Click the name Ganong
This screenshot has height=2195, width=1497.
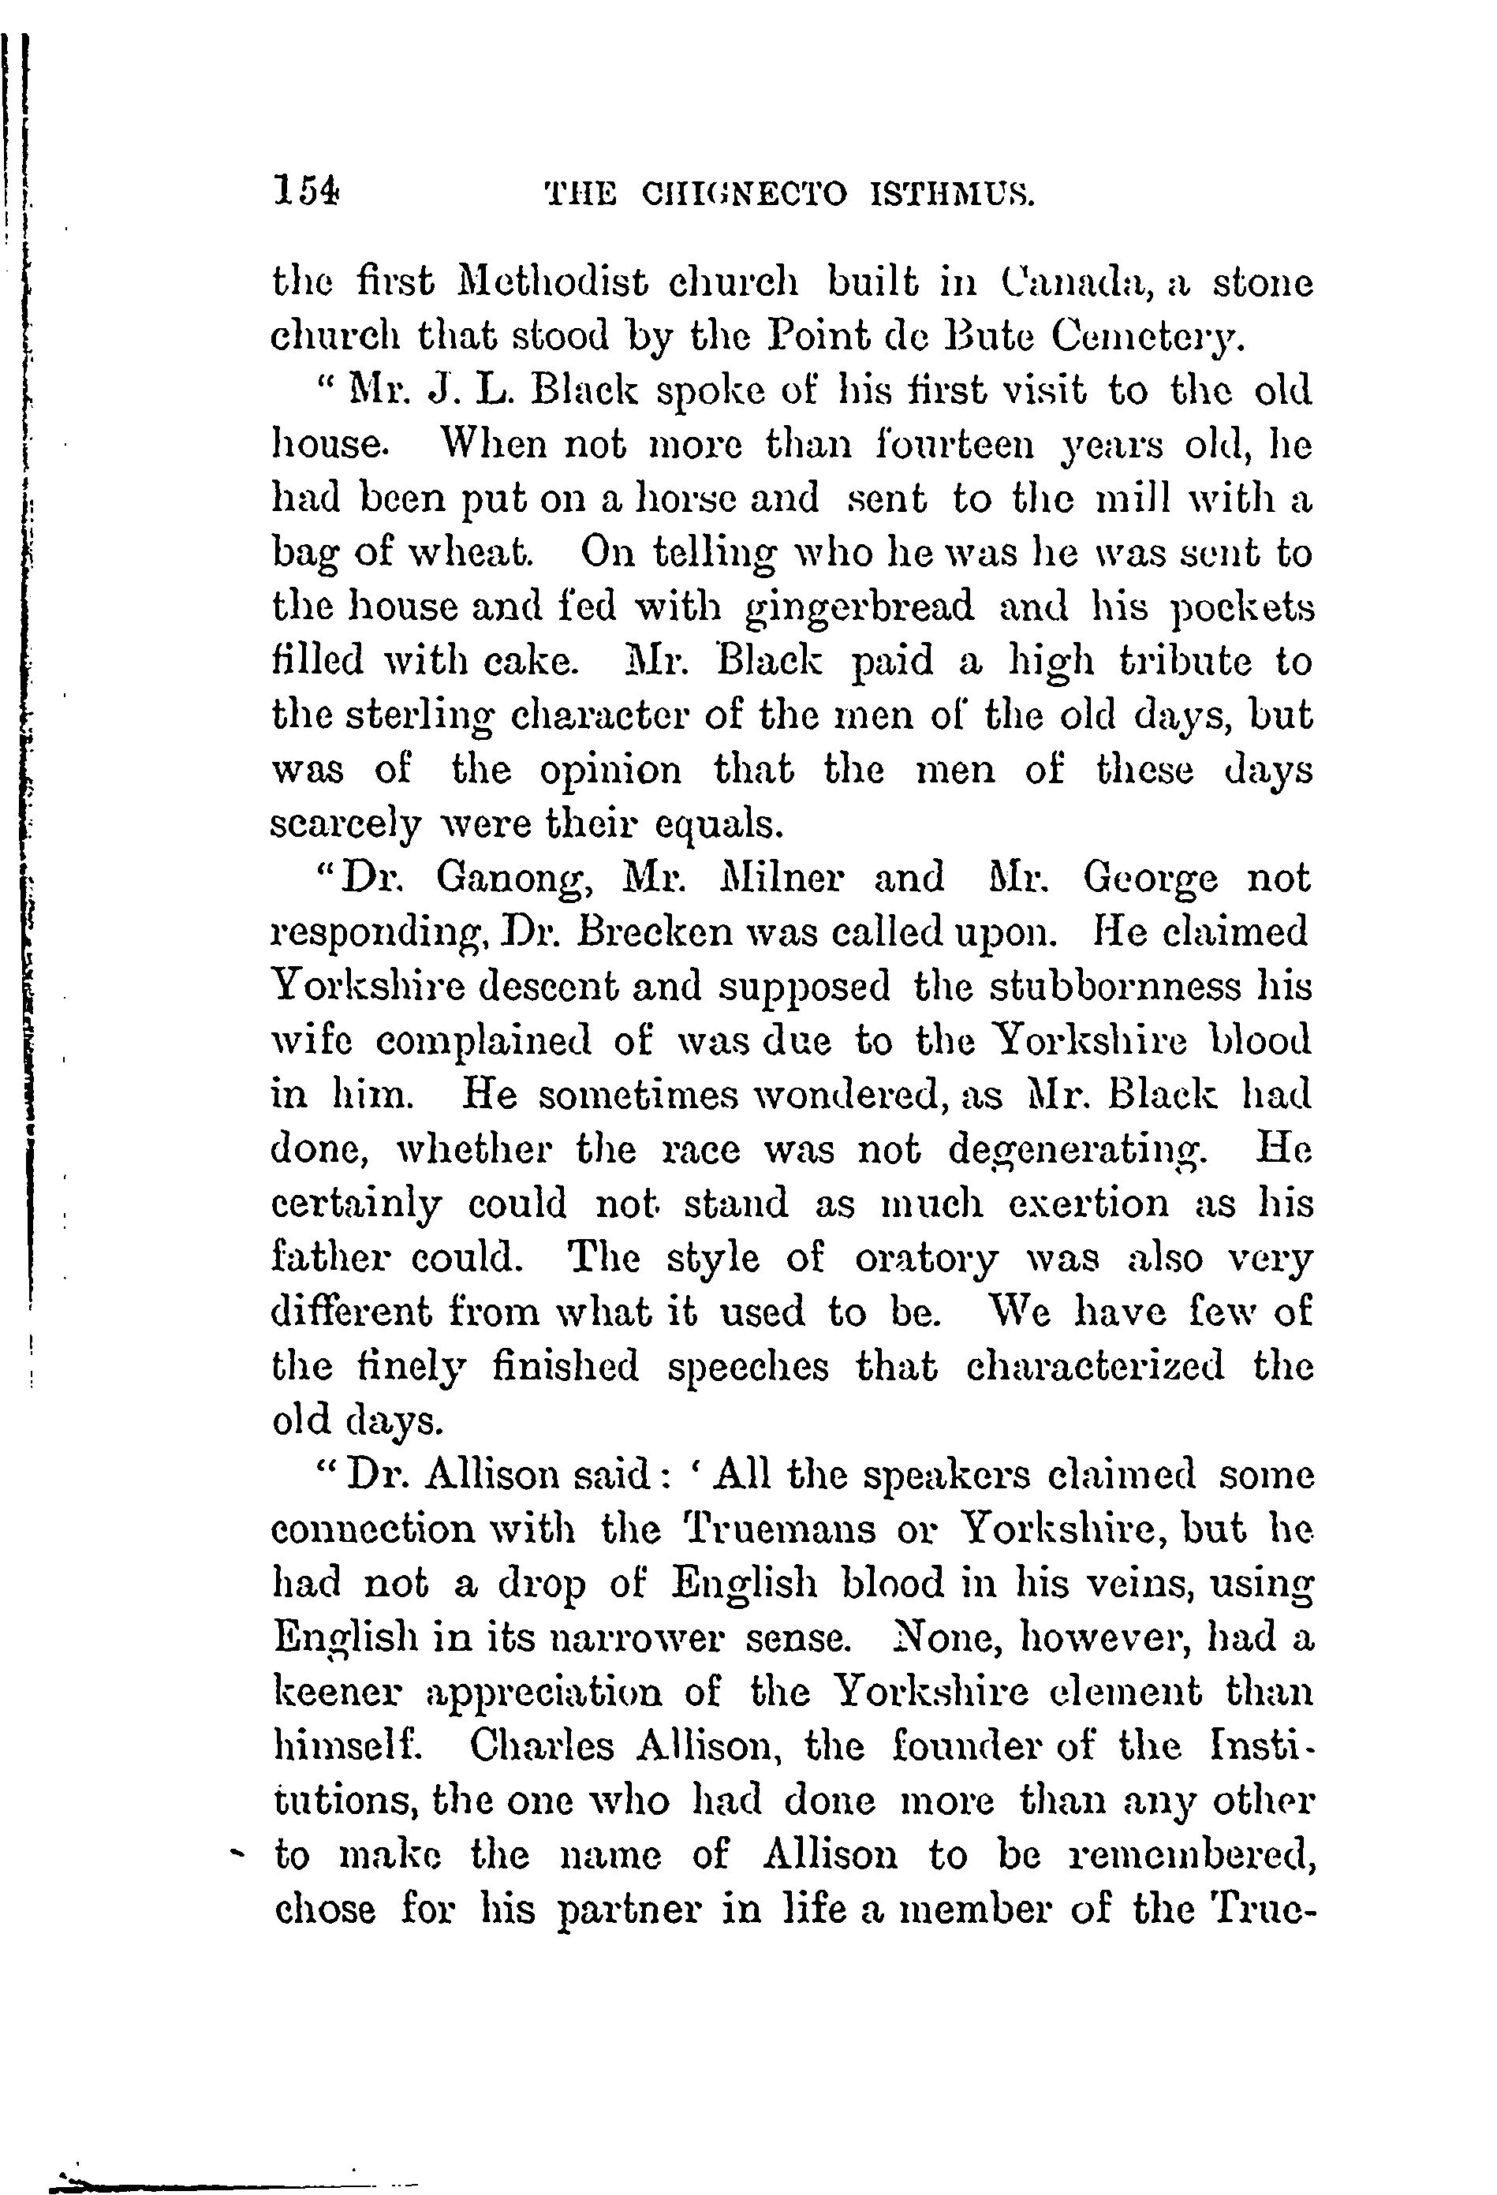coord(513,879)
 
